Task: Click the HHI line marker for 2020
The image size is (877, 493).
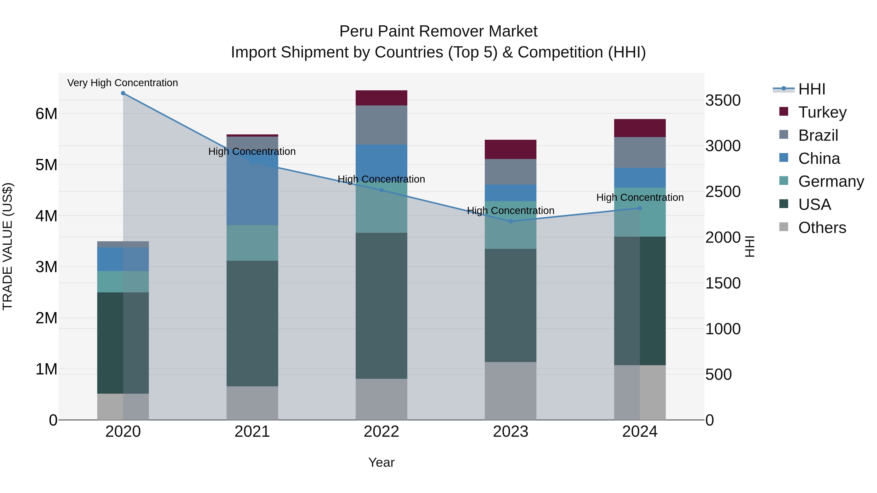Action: coord(123,93)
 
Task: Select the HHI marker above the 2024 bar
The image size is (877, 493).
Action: coord(640,208)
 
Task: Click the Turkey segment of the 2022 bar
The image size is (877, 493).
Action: coord(381,98)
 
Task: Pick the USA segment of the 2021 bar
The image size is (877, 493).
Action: coord(252,323)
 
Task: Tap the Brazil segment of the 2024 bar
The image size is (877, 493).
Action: coord(640,152)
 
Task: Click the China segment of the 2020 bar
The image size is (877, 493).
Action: coord(123,259)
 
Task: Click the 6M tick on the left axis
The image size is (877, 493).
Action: coord(46,114)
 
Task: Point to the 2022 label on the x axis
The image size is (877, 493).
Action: coord(381,432)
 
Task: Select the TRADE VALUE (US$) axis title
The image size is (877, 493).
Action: coord(8,246)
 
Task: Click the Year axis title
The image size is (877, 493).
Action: coord(381,462)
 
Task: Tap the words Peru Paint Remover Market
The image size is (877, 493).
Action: coord(438,31)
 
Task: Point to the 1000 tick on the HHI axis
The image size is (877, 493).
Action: coord(723,329)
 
